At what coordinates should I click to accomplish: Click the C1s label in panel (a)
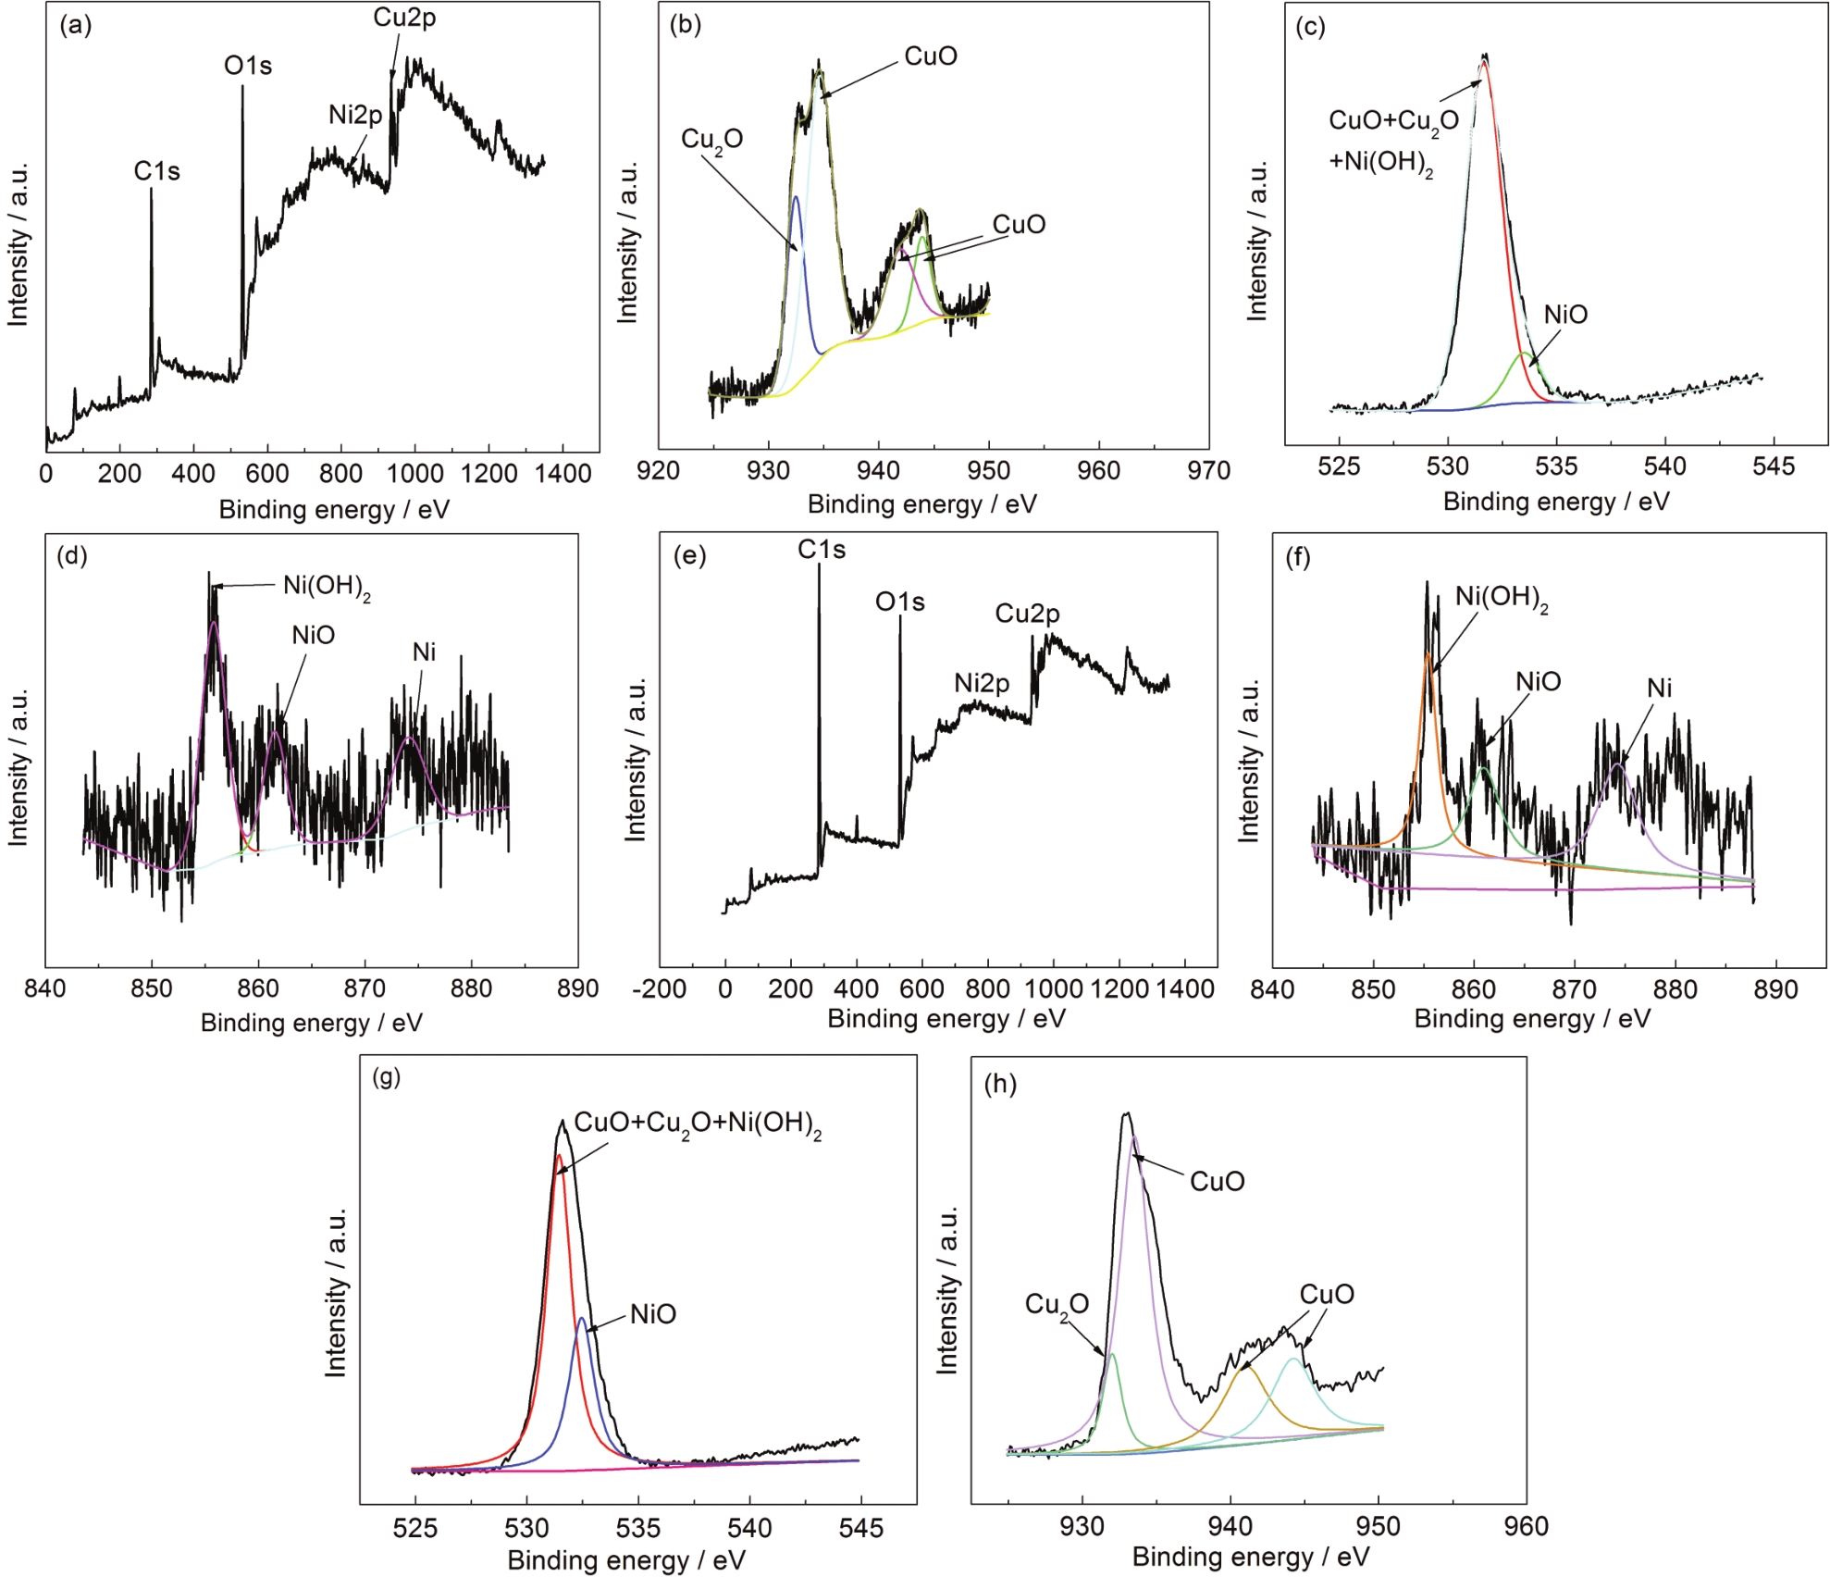(156, 171)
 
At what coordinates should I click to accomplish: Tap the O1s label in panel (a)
(248, 66)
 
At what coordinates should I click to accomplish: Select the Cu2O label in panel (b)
(711, 140)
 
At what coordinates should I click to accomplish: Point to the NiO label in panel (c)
(1565, 315)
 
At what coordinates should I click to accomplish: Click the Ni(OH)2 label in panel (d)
(327, 587)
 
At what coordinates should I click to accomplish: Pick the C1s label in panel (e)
(822, 550)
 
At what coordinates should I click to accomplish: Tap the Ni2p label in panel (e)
(982, 683)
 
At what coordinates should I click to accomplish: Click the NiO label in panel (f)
(1538, 682)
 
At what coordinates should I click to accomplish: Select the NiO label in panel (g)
(653, 1314)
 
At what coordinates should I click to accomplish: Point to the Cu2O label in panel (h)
(1057, 1305)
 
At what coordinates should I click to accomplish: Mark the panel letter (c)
(1310, 26)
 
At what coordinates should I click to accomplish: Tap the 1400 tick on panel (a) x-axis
(563, 474)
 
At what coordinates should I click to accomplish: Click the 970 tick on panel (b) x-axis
(1208, 471)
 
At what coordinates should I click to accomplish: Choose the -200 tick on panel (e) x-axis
(659, 989)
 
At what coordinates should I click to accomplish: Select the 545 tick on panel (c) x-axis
(1774, 466)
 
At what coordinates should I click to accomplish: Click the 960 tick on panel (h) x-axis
(1526, 1526)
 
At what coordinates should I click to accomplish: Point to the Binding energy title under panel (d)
(311, 1023)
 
